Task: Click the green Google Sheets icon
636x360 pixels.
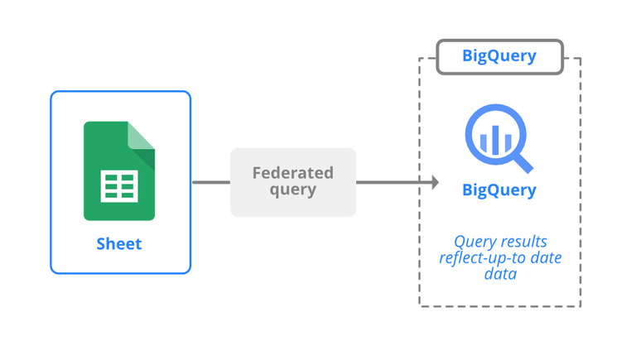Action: (118, 170)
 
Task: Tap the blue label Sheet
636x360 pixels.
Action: (119, 243)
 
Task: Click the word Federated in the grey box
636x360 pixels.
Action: (293, 173)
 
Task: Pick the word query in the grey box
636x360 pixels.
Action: (293, 190)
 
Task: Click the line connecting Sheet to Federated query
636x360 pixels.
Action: (210, 182)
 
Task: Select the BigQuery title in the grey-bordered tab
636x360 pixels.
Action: (499, 56)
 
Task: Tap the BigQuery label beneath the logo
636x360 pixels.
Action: (499, 190)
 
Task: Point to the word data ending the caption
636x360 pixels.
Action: (500, 273)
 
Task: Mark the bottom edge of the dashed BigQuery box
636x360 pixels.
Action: (500, 306)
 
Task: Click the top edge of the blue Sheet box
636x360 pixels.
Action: (121, 91)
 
